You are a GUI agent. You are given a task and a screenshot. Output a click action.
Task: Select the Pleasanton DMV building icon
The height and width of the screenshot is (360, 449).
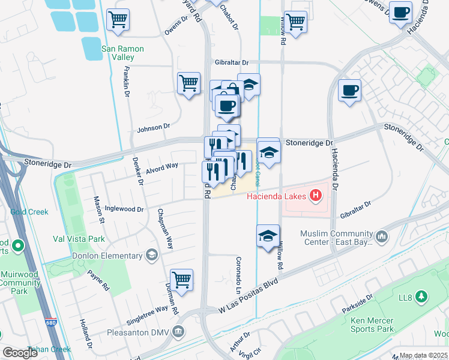(x=178, y=332)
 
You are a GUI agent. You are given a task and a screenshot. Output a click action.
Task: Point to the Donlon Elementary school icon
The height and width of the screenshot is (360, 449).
(x=152, y=256)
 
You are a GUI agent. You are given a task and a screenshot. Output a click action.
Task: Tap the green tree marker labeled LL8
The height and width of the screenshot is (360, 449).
(x=422, y=296)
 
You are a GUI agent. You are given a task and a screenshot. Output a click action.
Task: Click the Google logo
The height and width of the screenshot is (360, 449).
(x=20, y=353)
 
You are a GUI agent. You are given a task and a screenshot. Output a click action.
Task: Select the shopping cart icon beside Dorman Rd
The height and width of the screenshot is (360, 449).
(x=181, y=279)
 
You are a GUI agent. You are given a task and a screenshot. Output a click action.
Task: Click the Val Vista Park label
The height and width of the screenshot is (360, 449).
(x=79, y=239)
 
